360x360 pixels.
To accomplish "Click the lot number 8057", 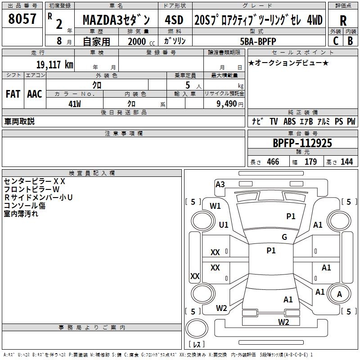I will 22,19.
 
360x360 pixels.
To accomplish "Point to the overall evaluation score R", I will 343,21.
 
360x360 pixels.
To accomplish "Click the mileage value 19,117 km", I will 54,64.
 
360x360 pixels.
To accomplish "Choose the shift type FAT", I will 13,94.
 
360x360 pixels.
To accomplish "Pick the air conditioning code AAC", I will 35,94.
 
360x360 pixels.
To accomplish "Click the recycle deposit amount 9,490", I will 227,104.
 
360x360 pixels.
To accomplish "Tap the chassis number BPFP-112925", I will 302,143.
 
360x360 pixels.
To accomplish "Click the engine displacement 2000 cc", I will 140,41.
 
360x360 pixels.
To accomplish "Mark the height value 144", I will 346,162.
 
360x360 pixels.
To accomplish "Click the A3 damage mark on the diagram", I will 220,184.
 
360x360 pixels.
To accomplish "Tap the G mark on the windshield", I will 284,237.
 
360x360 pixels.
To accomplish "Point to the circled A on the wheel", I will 340,294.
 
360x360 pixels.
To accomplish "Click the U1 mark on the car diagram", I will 223,225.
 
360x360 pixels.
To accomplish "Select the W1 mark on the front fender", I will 216,206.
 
